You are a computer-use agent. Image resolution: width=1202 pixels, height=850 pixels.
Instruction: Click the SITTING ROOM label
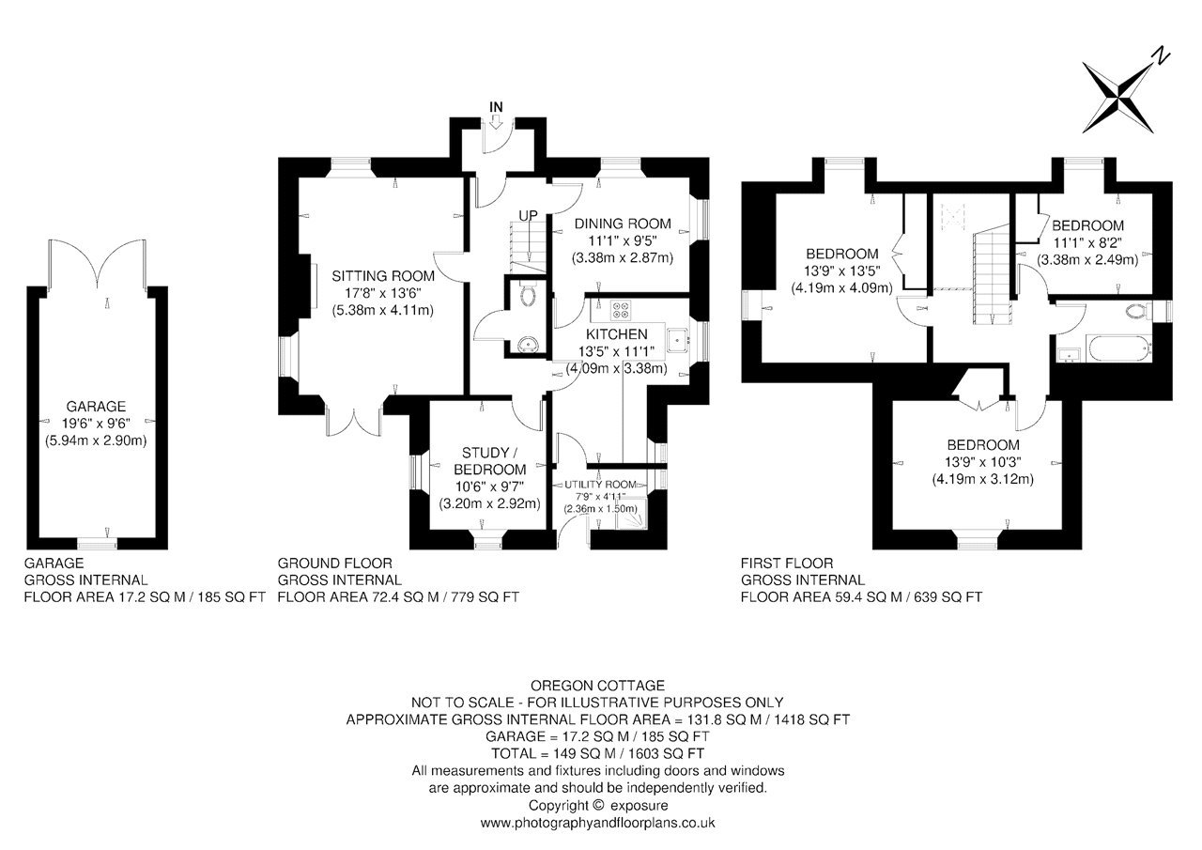coord(382,276)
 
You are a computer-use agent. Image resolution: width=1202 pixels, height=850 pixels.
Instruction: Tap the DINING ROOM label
coord(623,224)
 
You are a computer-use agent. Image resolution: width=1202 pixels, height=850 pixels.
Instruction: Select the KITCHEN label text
coord(617,334)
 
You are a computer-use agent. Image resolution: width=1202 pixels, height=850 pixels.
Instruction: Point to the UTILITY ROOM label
coord(600,485)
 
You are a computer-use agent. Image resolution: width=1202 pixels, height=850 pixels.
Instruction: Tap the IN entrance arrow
coord(496,123)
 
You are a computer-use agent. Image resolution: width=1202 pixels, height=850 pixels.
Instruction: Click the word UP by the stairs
coord(528,216)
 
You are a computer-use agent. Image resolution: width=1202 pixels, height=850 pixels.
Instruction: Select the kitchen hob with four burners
coord(621,310)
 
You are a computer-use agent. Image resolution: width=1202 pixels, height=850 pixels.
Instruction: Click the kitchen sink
coord(677,340)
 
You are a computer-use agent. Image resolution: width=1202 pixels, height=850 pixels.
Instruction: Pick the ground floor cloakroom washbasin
coord(528,345)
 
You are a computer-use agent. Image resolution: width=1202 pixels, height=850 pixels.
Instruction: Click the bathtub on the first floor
coord(1119,348)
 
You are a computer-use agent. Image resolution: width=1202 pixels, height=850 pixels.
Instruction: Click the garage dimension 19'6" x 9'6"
coord(96,424)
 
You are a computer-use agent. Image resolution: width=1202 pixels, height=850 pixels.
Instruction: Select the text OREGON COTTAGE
coord(597,686)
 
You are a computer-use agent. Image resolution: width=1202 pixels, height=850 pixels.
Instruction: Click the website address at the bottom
coord(597,823)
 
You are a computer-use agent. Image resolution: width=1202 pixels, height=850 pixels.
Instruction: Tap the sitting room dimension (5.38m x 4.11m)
coord(382,310)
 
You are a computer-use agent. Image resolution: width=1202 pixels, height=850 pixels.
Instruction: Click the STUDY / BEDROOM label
coord(489,461)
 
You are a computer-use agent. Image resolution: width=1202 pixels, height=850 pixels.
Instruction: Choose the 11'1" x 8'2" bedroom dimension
coord(1087,242)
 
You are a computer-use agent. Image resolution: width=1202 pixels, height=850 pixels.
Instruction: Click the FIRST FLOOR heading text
coord(787,563)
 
